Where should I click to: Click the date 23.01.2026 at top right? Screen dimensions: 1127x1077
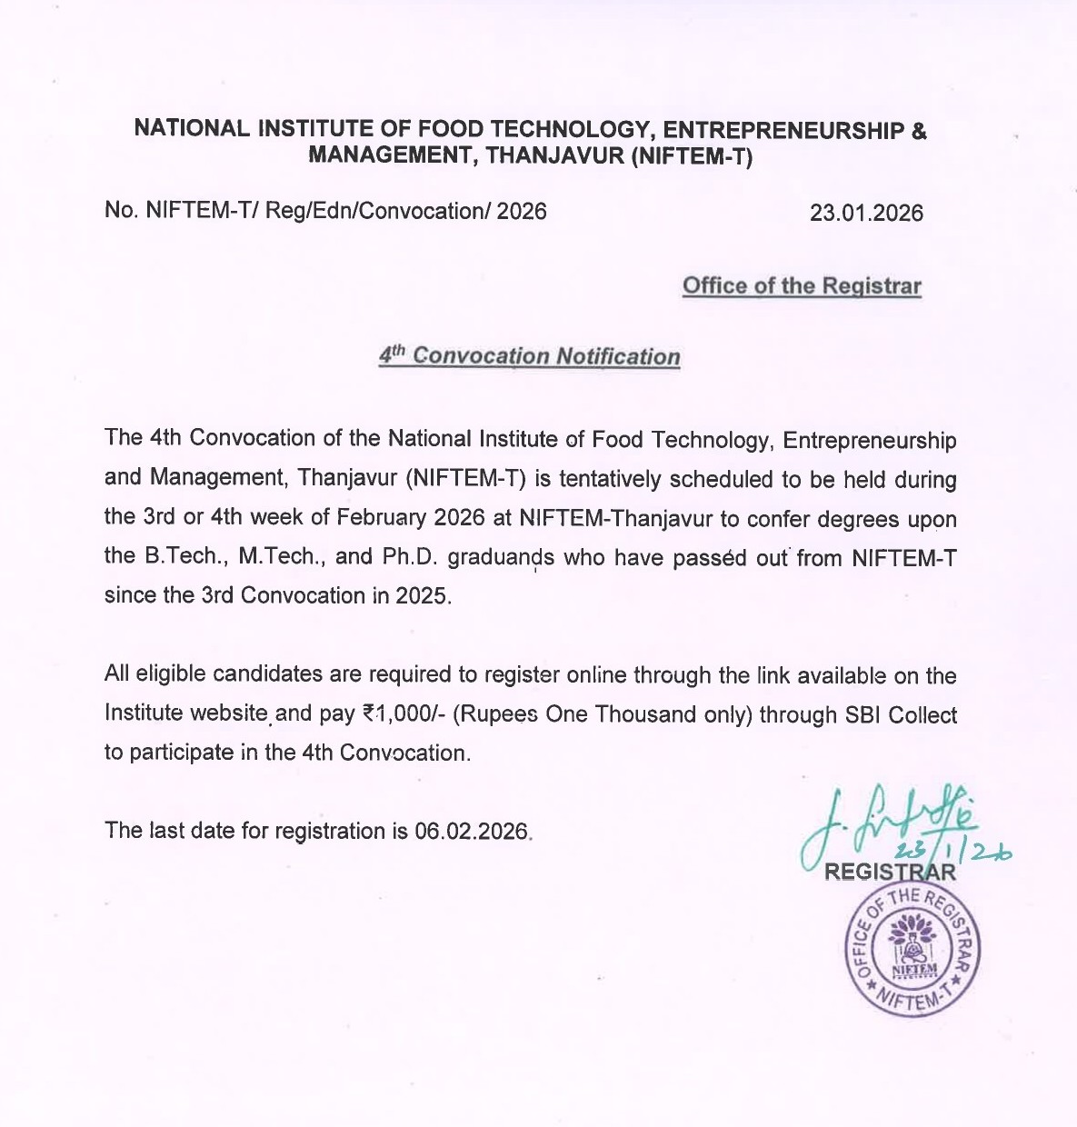pyautogui.click(x=866, y=214)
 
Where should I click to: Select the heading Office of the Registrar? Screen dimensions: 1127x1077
pyautogui.click(x=801, y=286)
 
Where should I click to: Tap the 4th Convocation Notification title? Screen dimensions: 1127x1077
pyautogui.click(x=529, y=355)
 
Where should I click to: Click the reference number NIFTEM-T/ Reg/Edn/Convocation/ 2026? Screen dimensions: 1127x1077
pyautogui.click(x=325, y=212)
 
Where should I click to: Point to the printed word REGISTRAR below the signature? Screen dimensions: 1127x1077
pyautogui.click(x=889, y=873)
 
